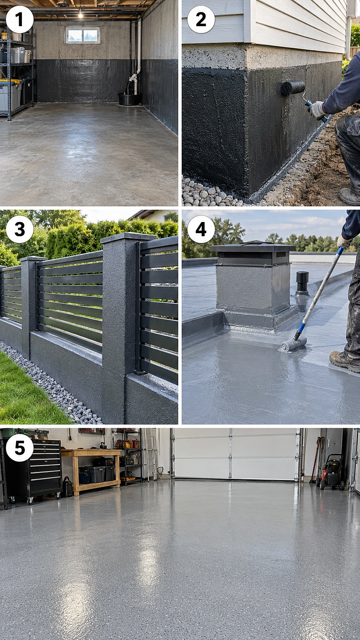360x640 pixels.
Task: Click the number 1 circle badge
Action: (20, 19)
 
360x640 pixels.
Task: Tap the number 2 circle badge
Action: (201, 19)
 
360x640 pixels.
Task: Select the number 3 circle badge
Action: (20, 229)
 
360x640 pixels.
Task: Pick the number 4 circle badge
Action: (201, 229)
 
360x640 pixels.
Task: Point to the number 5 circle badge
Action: (20, 448)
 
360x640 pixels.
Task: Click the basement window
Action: (83, 35)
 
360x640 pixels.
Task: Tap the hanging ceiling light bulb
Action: (80, 14)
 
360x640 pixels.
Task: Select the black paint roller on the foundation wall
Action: (294, 88)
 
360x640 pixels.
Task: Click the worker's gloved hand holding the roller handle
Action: (317, 110)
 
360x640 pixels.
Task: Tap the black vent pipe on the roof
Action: (302, 283)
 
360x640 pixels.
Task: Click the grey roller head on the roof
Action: (294, 344)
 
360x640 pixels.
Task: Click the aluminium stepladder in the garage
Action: (150, 455)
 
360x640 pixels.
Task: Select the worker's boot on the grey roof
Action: (345, 361)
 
